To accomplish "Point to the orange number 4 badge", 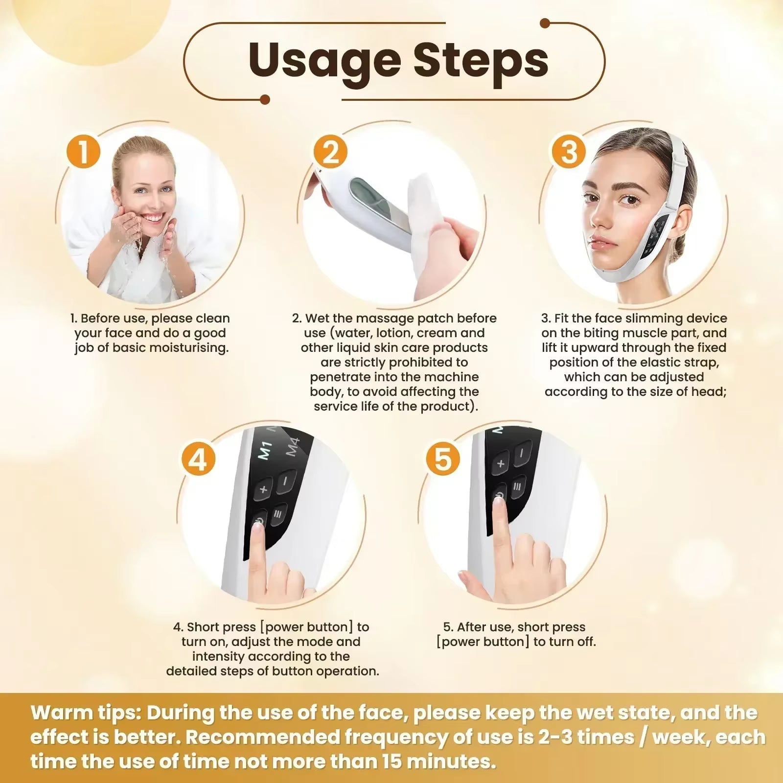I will [x=198, y=459].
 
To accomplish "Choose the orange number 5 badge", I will [x=442, y=459].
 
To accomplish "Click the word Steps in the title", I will [x=481, y=61].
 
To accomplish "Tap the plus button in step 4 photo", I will [x=264, y=488].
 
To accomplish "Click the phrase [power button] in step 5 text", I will [x=483, y=642].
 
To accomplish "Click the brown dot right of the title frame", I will [x=545, y=23].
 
